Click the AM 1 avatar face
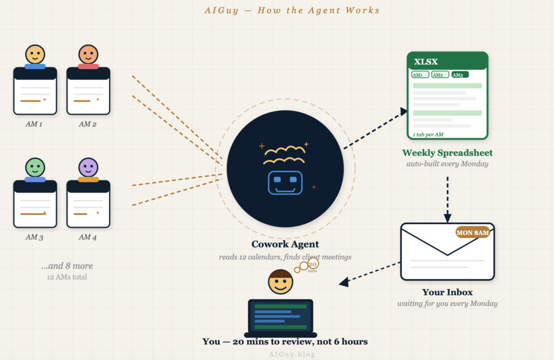click(35, 55)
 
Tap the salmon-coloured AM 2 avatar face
click(88, 55)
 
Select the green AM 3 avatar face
click(35, 168)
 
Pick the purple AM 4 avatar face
click(88, 168)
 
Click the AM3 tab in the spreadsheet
click(459, 75)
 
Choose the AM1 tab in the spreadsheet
click(420, 75)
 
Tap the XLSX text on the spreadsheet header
click(426, 62)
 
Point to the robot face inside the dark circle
click(285, 183)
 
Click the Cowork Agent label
click(285, 244)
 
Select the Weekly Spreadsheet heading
click(447, 153)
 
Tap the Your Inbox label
click(447, 292)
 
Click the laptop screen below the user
click(280, 316)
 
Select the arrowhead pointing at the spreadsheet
click(403, 111)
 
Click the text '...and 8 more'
click(67, 266)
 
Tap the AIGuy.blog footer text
click(292, 355)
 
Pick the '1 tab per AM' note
click(428, 134)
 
